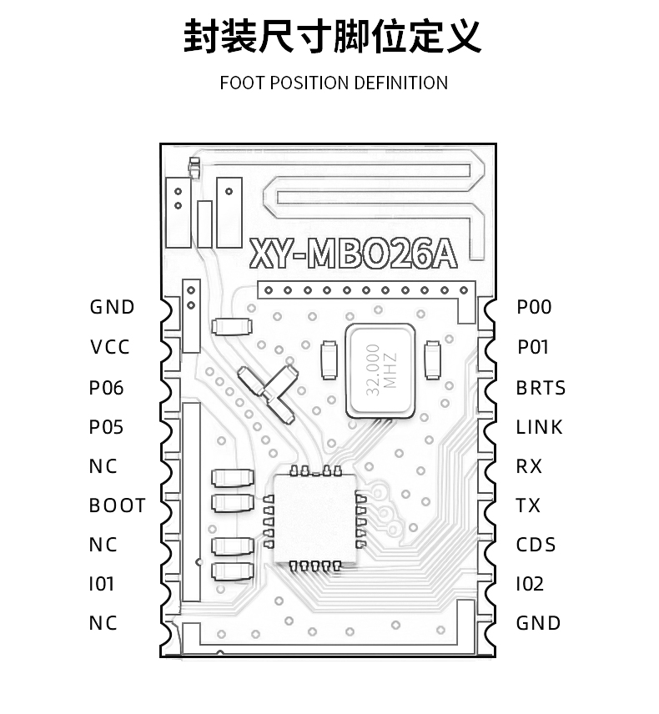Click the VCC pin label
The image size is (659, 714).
pos(110,347)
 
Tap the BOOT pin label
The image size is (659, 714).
pos(117,505)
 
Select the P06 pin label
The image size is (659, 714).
pos(106,388)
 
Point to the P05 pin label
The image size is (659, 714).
pos(106,427)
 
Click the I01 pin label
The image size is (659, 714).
pos(102,584)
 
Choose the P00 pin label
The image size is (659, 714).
pos(534,307)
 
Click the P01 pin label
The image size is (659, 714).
pos(533,347)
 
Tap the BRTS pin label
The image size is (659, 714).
pos(541,388)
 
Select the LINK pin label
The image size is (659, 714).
pos(539,427)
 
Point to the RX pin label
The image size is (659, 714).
pos(529,466)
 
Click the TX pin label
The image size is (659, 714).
pos(528,505)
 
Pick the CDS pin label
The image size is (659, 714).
pos(536,545)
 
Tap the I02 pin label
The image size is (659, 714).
pos(530,584)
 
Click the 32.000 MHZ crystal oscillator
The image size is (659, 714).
pos(380,370)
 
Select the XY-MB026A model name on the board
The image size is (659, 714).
pos(354,254)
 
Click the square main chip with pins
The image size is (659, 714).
pos(315,519)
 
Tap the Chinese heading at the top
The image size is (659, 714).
pos(333,37)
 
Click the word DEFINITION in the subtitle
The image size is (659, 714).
pos(400,83)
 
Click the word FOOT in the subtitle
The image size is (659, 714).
pos(242,83)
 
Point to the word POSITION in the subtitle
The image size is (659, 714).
pos(309,83)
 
